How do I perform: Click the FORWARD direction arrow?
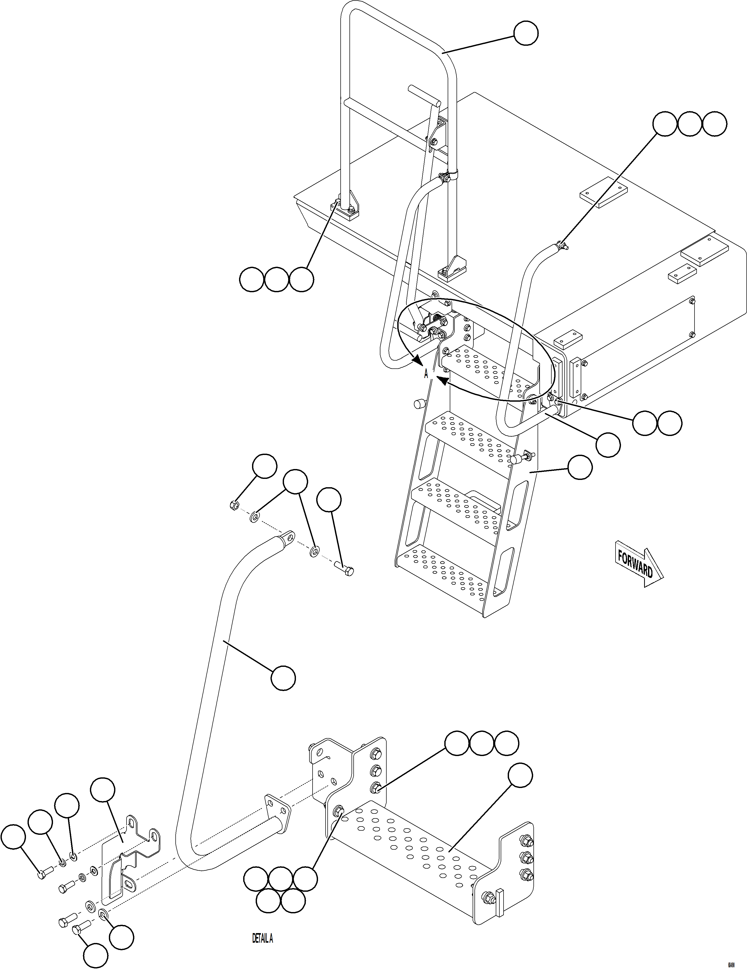pyautogui.click(x=638, y=564)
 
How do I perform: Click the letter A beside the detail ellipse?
pyautogui.click(x=426, y=374)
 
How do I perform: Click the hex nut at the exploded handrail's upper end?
pyautogui.click(x=235, y=505)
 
